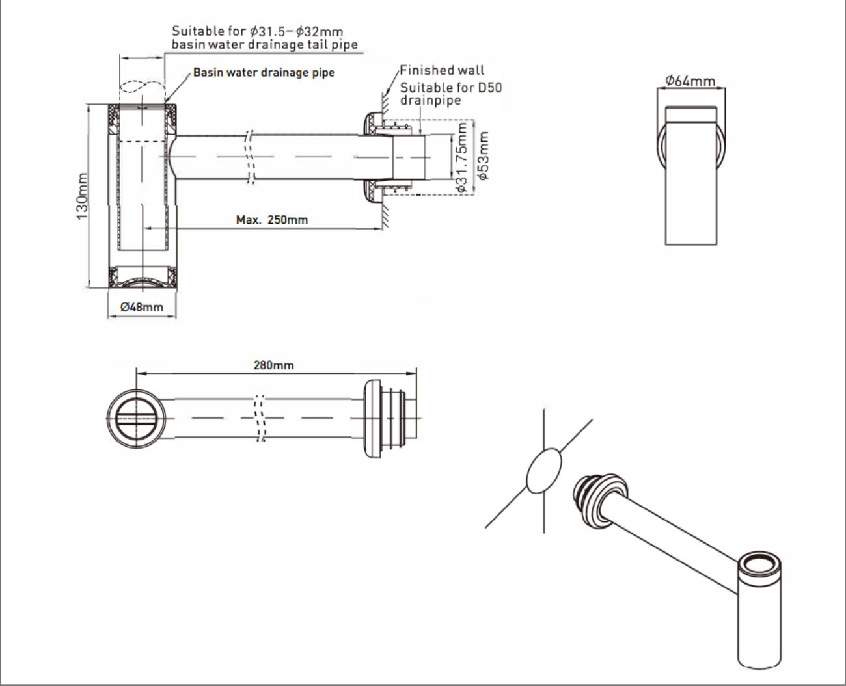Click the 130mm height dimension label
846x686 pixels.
tap(82, 196)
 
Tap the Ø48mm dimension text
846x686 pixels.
tap(142, 306)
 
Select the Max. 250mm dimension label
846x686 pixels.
tap(271, 220)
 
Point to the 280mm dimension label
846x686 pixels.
tap(273, 365)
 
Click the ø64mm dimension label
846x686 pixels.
tap(690, 81)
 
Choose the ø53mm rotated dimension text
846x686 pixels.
tap(483, 156)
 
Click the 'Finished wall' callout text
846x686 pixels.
tap(442, 70)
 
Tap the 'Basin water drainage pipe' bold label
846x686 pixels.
tap(264, 72)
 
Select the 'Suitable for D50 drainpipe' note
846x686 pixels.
tap(450, 94)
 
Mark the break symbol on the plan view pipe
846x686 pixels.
tap(260, 418)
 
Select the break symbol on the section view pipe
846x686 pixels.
tap(249, 158)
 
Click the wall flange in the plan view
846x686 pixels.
tap(374, 419)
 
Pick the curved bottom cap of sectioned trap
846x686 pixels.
tap(142, 280)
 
